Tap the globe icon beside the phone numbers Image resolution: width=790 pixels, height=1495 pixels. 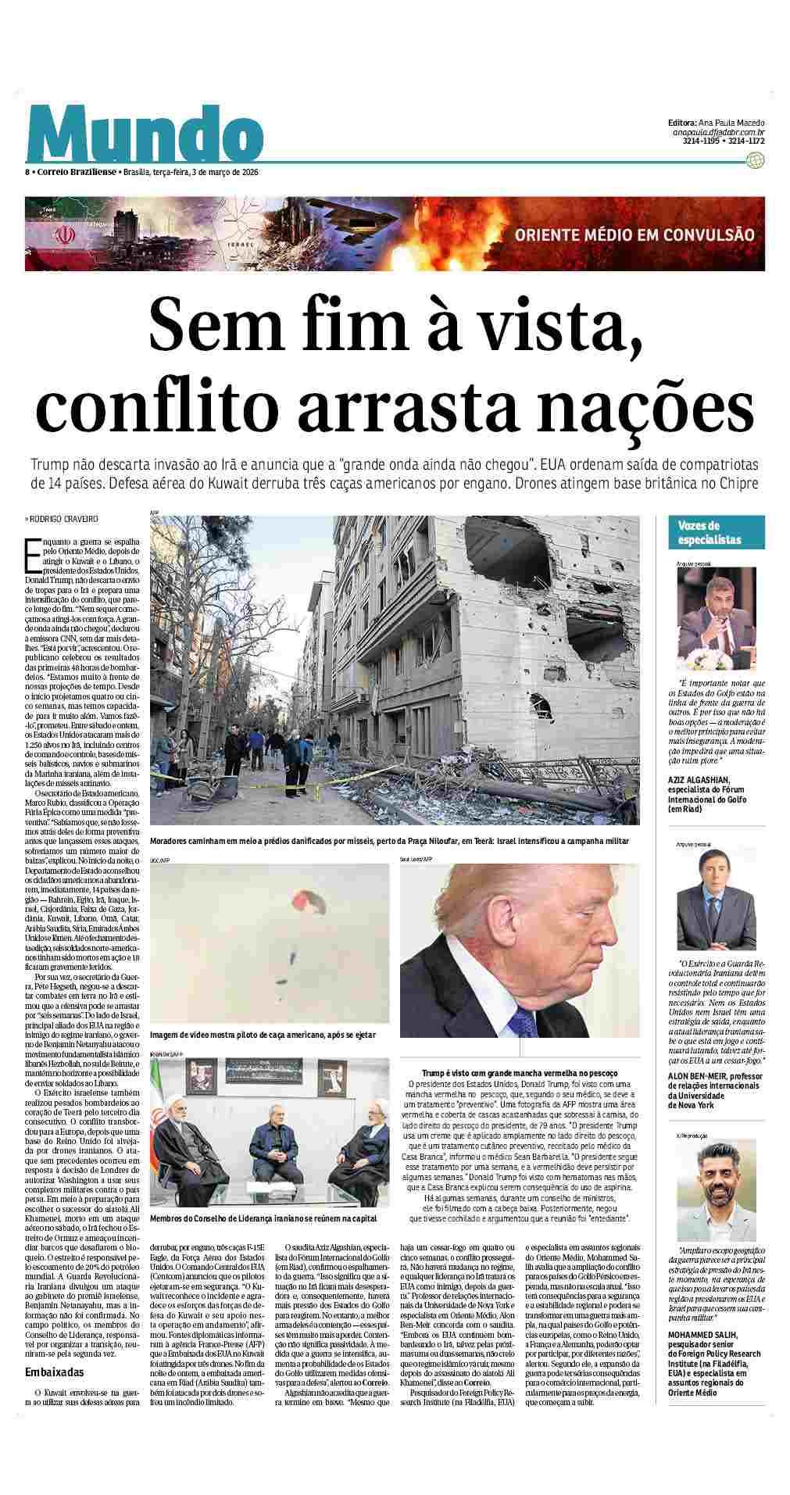click(755, 161)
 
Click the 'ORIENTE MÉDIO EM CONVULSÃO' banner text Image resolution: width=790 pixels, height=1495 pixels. click(634, 234)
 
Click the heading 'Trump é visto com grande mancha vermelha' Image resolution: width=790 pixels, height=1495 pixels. click(520, 1074)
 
